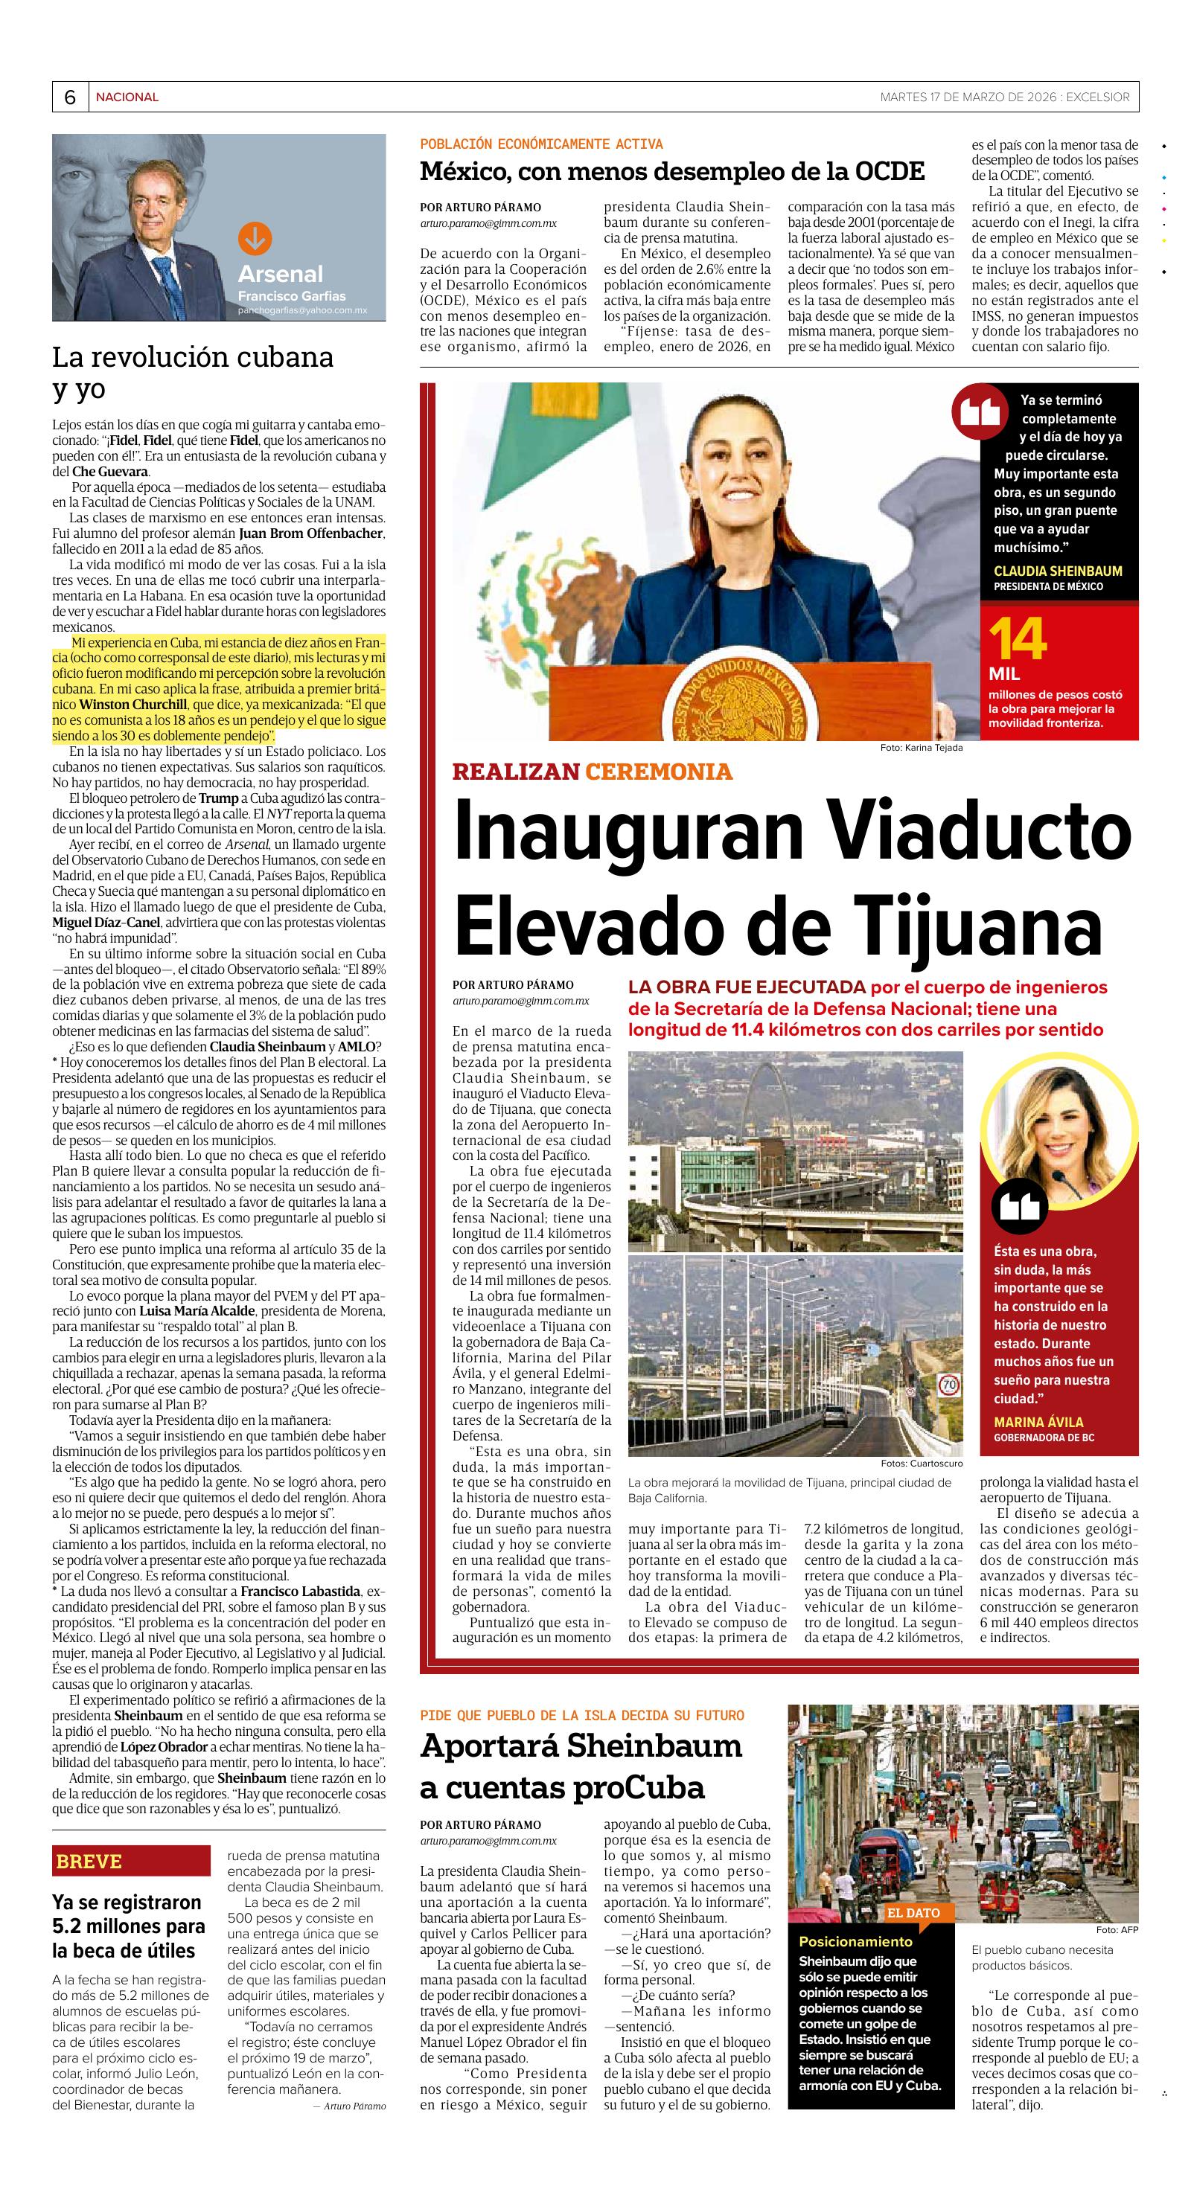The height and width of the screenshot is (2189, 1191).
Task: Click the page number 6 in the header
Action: tap(70, 97)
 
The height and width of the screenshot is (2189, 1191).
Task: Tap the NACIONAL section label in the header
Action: tap(127, 97)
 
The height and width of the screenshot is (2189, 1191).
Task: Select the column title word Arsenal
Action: tap(280, 274)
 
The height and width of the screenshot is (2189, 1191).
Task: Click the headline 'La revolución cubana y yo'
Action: tap(192, 372)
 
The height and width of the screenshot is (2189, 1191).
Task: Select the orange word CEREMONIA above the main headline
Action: tap(658, 772)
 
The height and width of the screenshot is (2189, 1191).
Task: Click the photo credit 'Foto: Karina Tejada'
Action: tap(921, 748)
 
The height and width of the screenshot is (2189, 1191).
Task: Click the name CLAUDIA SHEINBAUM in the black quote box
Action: tap(1058, 571)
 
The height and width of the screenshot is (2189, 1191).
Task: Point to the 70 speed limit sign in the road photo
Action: tap(949, 1387)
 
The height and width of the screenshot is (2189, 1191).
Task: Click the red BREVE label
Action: tap(89, 1861)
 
